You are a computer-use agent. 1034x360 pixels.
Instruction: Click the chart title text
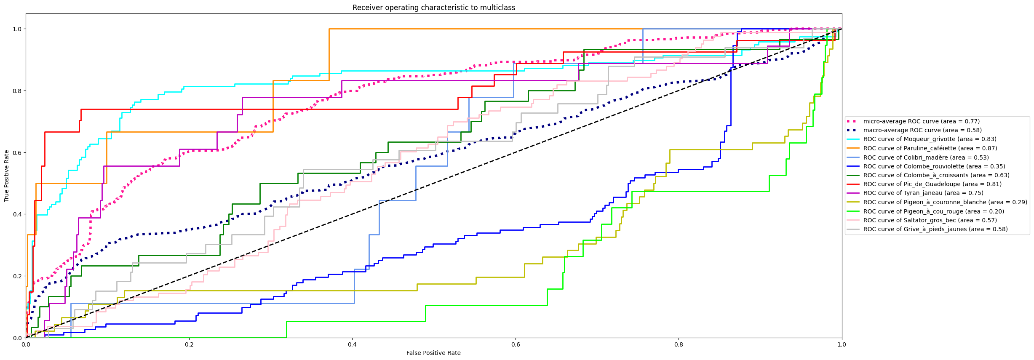click(x=433, y=8)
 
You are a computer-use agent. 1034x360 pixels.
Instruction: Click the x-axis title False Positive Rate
click(x=433, y=353)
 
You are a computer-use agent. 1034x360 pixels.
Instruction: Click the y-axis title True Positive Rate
click(x=7, y=176)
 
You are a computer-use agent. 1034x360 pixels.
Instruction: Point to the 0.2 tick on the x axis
click(x=189, y=344)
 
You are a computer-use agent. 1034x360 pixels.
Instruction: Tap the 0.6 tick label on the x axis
click(x=516, y=344)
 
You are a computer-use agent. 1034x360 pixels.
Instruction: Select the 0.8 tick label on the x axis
click(x=679, y=344)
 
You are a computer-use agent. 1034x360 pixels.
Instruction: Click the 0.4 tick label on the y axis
click(x=17, y=214)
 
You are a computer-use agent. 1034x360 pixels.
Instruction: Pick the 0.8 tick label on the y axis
click(x=17, y=91)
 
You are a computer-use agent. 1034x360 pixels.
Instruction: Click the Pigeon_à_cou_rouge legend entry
click(x=933, y=211)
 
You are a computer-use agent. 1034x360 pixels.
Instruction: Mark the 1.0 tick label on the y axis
click(x=17, y=29)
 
